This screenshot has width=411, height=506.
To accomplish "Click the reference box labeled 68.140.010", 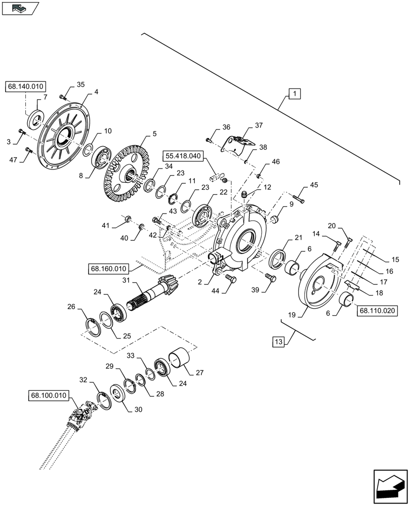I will point(27,87).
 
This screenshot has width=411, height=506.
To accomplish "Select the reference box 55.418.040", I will point(183,157).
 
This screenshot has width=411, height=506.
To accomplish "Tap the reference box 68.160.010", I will point(110,269).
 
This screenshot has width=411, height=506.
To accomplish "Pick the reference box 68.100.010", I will point(49,397).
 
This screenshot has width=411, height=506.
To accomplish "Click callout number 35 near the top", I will point(81,84).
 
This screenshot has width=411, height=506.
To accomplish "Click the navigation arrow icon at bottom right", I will point(390,486).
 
